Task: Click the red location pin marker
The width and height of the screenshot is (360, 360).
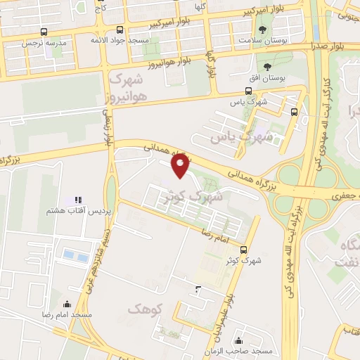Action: pos(181,165)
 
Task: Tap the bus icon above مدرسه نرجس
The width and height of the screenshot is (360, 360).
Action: pos(44,32)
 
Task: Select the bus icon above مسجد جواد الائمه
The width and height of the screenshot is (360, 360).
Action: pos(120,30)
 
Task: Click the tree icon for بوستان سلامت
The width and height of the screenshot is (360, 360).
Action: pos(262,30)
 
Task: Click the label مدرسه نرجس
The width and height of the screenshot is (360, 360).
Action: pos(44,42)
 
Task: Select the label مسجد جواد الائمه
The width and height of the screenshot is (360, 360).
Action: pos(120,40)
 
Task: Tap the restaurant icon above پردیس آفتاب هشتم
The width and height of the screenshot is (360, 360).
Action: pos(79,200)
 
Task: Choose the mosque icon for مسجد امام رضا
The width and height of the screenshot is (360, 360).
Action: pos(67,304)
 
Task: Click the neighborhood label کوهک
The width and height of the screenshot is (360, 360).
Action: pos(146,308)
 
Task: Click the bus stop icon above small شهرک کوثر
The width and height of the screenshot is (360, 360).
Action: pos(243,250)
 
